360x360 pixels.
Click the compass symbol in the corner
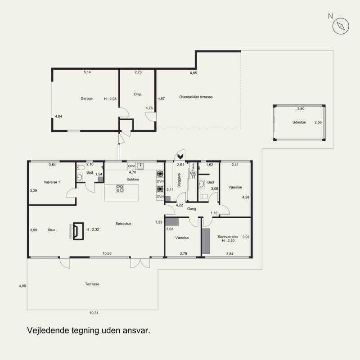pyautogui.click(x=341, y=26)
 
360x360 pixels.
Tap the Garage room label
pyautogui.click(x=86, y=99)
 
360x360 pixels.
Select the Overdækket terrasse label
pyautogui.click(x=196, y=97)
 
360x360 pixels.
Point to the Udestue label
pyautogui.click(x=299, y=122)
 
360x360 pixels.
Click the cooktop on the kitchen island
pyautogui.click(x=120, y=189)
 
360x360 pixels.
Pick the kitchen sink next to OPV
pyautogui.click(x=140, y=166)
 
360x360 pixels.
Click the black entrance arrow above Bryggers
pyautogui.click(x=180, y=157)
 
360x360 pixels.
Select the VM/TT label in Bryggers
pyautogui.click(x=193, y=175)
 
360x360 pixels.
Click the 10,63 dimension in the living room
pyautogui.click(x=107, y=253)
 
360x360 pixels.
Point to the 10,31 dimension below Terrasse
pyautogui.click(x=94, y=313)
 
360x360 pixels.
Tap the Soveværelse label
pyautogui.click(x=228, y=237)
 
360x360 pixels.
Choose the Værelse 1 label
pyautogui.click(x=52, y=182)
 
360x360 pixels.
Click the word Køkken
pyautogui.click(x=133, y=179)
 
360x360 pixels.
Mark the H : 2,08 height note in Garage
pyautogui.click(x=110, y=99)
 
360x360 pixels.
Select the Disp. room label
pyautogui.click(x=138, y=94)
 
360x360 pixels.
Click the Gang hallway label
pyautogui.click(x=192, y=209)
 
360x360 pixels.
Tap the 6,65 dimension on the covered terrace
pyautogui.click(x=193, y=73)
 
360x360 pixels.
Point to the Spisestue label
pyautogui.click(x=123, y=224)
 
